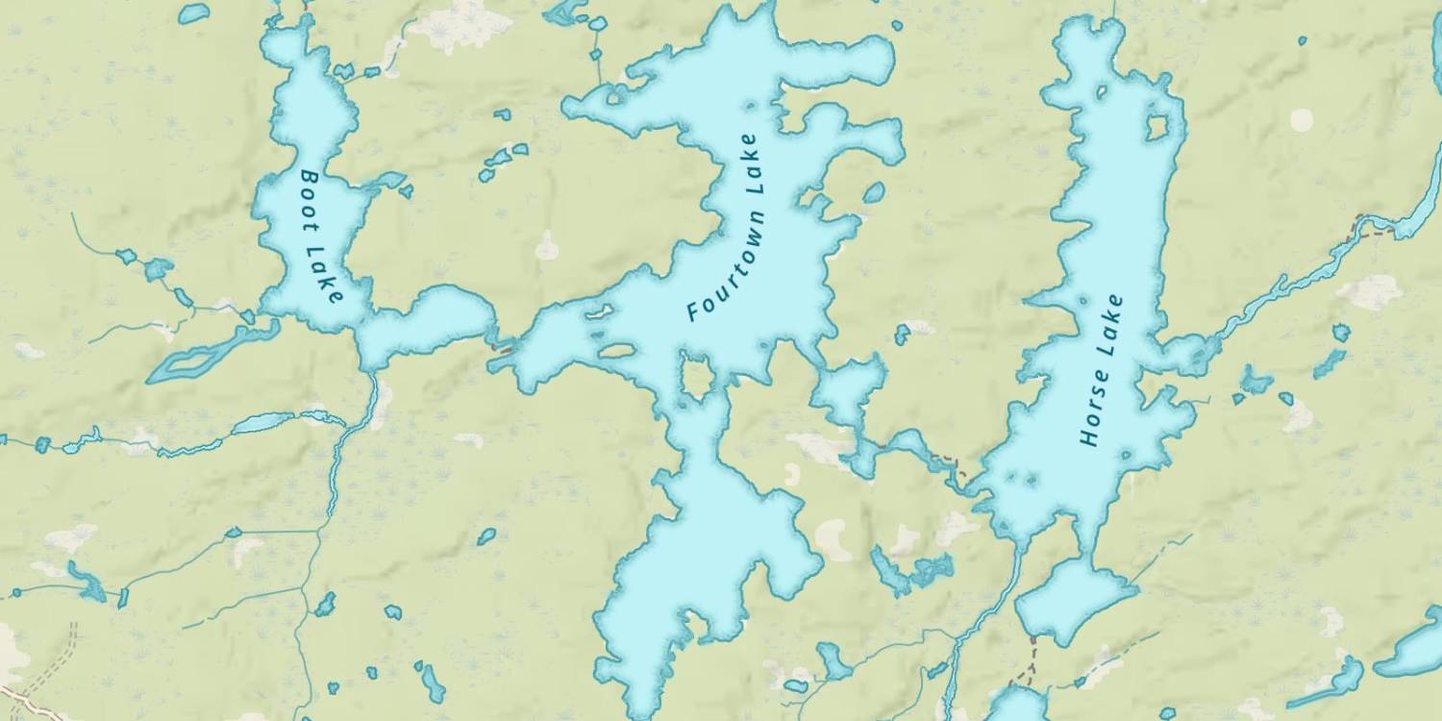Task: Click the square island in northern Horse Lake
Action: (1157, 127)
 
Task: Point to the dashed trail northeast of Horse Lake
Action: (1372, 227)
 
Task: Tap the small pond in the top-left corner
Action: (194, 13)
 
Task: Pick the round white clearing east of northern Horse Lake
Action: (1302, 120)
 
